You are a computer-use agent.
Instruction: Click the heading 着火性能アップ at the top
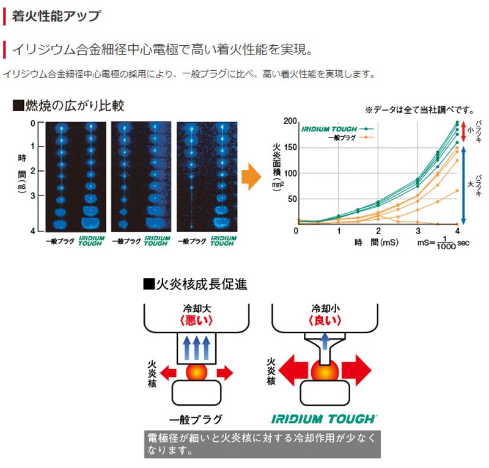click(56, 16)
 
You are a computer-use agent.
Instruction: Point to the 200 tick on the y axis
click(290, 121)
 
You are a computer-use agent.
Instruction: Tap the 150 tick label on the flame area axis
click(290, 147)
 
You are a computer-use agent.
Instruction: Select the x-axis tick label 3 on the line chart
click(418, 231)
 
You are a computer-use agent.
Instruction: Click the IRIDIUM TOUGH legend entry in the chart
click(337, 129)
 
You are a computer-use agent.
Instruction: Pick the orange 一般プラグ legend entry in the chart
click(350, 137)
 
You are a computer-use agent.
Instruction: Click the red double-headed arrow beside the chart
click(463, 131)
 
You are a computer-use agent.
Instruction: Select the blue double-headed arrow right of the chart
click(463, 185)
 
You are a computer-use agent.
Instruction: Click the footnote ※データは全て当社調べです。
click(420, 110)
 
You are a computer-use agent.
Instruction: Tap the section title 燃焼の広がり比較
click(68, 106)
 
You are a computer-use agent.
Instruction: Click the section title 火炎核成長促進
click(195, 284)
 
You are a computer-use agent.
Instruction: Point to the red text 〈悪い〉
click(196, 320)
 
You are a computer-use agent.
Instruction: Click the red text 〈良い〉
click(325, 320)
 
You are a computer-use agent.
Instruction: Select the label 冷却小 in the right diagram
click(326, 309)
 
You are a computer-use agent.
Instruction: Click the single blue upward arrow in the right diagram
click(325, 341)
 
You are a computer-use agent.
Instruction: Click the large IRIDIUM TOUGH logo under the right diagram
click(325, 419)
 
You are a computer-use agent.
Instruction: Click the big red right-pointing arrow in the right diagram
click(356, 370)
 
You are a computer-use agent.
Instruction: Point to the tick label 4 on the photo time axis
click(33, 231)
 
